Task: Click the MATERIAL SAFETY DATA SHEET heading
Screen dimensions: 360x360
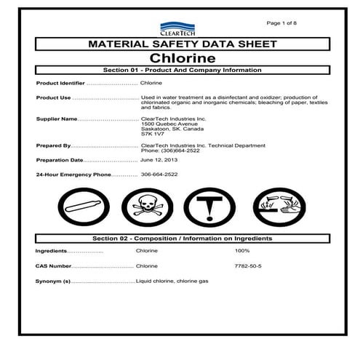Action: [181, 44]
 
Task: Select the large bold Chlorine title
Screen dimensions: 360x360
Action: [180, 57]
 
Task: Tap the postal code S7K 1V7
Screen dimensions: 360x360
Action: [153, 133]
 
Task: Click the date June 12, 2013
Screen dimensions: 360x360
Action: [159, 159]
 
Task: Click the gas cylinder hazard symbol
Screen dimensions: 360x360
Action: [87, 208]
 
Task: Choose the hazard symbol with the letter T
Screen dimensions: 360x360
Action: [208, 208]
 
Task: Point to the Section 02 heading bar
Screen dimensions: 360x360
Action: [181, 239]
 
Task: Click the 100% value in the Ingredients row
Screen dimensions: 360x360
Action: [241, 250]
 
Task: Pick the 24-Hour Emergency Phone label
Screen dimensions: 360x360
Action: [75, 175]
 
